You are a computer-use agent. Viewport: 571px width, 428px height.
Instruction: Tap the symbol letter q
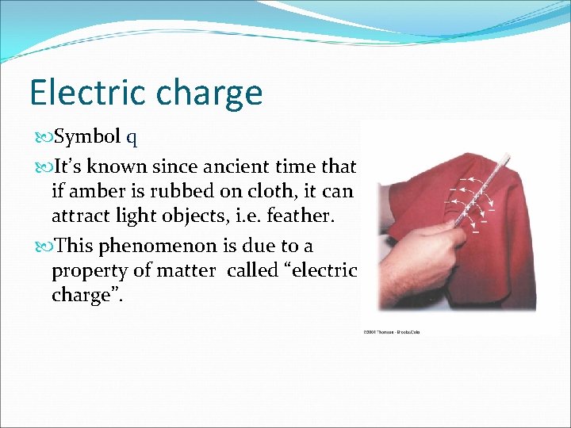point(131,137)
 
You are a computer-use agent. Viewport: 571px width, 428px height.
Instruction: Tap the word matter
point(189,271)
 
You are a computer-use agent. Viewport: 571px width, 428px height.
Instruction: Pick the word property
point(88,271)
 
